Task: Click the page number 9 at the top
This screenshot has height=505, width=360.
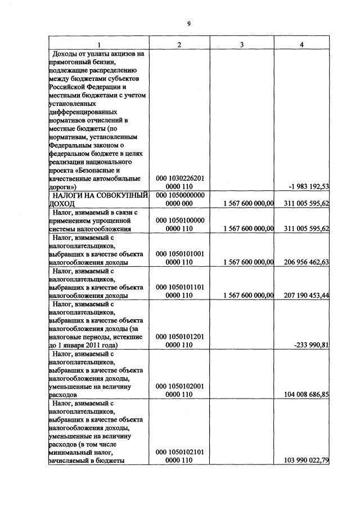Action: pyautogui.click(x=189, y=23)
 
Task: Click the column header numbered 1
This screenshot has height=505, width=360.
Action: pyautogui.click(x=99, y=44)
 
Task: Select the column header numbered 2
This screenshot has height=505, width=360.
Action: pyautogui.click(x=179, y=44)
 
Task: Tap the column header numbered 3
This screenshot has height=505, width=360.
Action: pyautogui.click(x=241, y=44)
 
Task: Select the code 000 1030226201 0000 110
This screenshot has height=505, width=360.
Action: pyautogui.click(x=179, y=182)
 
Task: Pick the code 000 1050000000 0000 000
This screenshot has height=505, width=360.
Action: pyautogui.click(x=179, y=199)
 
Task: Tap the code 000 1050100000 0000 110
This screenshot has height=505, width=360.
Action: pyautogui.click(x=179, y=224)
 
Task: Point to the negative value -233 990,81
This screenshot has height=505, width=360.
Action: pyautogui.click(x=312, y=345)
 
